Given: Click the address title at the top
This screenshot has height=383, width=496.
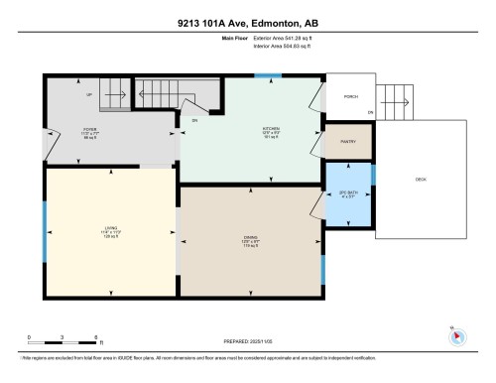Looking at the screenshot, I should click(x=247, y=22).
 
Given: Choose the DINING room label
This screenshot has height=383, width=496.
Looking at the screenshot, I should click(x=250, y=239).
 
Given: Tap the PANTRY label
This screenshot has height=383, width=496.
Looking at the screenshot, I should click(x=348, y=142).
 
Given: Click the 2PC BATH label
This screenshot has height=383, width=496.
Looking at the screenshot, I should click(x=348, y=193).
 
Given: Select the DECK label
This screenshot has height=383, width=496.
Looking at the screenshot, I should click(x=421, y=179).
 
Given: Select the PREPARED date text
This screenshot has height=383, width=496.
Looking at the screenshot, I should click(x=247, y=339).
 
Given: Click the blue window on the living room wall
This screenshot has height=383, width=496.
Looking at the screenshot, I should click(x=44, y=230).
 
